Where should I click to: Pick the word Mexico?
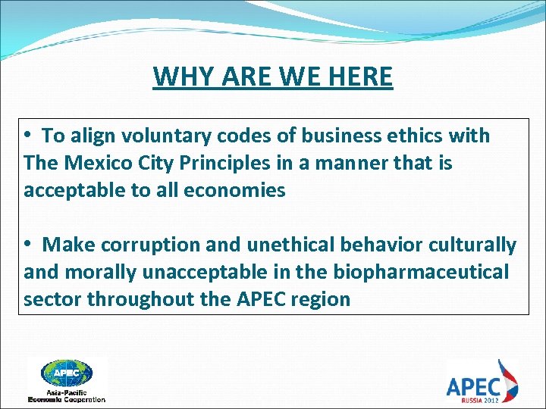pos(99,164)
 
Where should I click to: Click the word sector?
pos(52,300)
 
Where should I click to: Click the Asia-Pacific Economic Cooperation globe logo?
pos(67,378)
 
